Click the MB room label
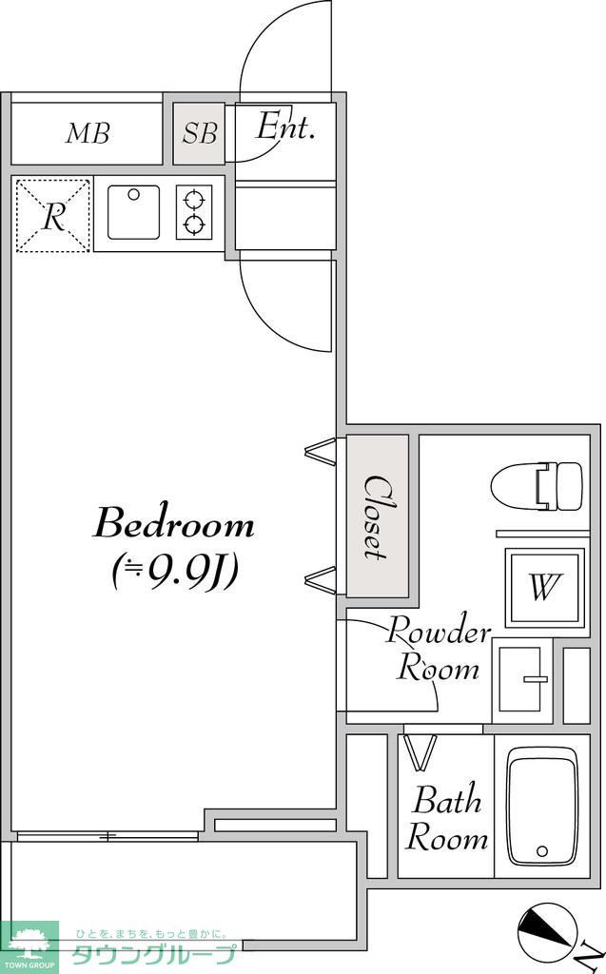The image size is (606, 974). pos(88,133)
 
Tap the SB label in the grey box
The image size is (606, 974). pos(200,133)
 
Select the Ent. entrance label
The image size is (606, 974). pos(286,127)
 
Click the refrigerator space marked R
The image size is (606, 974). pos(53,216)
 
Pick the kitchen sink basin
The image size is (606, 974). pos(133,212)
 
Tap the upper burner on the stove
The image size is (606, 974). pos(194,200)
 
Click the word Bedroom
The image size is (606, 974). pos(174,524)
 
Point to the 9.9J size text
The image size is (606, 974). pos(175,572)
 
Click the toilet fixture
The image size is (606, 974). pos(537,486)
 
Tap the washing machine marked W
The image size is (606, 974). pos(544,587)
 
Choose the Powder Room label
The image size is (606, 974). pos(439,649)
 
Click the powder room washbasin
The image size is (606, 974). pos(521,679)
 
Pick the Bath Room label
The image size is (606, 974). pos(446,819)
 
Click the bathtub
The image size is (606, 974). pos(542,807)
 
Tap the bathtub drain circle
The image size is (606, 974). pos(542,851)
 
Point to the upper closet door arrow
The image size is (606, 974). pos(321,450)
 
